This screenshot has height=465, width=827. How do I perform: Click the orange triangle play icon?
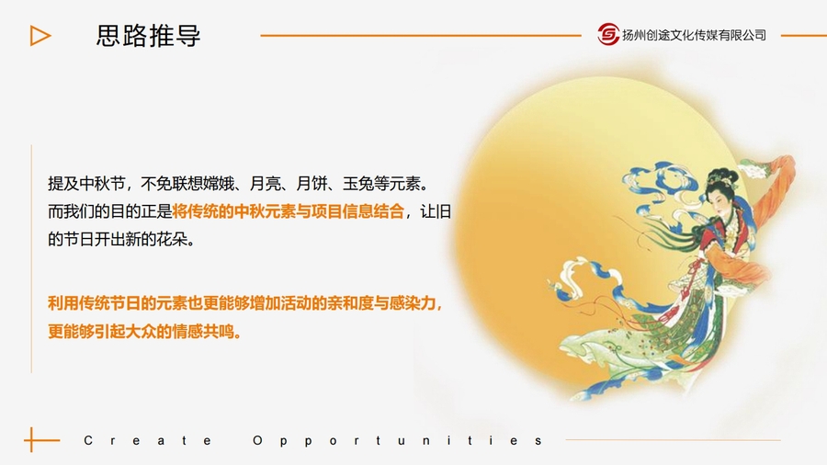click(x=40, y=36)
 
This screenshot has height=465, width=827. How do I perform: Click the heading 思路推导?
click(x=148, y=36)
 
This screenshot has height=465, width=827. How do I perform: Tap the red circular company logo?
click(x=608, y=35)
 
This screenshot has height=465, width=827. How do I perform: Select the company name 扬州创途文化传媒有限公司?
click(x=694, y=35)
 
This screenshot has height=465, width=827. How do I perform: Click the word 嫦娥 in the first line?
click(x=219, y=184)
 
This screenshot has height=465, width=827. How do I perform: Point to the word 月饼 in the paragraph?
click(x=312, y=184)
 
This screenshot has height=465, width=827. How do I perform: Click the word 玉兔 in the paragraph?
click(x=358, y=184)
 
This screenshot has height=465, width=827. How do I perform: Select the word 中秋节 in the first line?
click(x=102, y=184)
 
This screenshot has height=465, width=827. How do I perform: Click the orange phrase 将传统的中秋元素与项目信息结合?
click(x=288, y=211)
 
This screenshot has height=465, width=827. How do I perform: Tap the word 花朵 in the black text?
click(x=172, y=239)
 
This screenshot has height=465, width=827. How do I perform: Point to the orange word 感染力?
click(x=413, y=303)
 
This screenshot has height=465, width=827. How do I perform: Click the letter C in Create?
click(x=88, y=440)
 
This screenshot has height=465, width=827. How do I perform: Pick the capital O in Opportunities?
click(x=257, y=440)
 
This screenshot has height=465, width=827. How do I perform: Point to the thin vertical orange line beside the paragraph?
click(x=31, y=259)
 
